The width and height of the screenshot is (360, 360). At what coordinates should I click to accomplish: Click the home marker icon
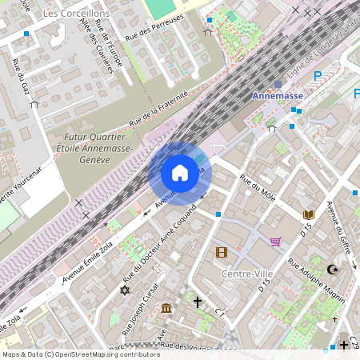pos(180,173)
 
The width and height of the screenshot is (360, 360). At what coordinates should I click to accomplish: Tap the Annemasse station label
pos(278,95)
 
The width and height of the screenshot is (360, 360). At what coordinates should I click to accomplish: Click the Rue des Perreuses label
pos(155,28)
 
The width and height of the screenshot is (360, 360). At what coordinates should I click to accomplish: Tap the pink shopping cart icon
pos(276,242)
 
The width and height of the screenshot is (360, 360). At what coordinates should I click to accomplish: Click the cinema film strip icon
pos(221,253)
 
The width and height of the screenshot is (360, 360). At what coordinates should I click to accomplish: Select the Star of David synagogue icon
pos(124,290)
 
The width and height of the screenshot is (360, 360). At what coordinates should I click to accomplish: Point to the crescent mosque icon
pos(334,270)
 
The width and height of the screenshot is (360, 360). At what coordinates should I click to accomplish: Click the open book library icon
pos(309,214)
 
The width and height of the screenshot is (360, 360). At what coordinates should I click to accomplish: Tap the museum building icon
pos(166,309)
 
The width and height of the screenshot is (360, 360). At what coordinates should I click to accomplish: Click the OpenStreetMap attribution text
pos(81,354)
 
